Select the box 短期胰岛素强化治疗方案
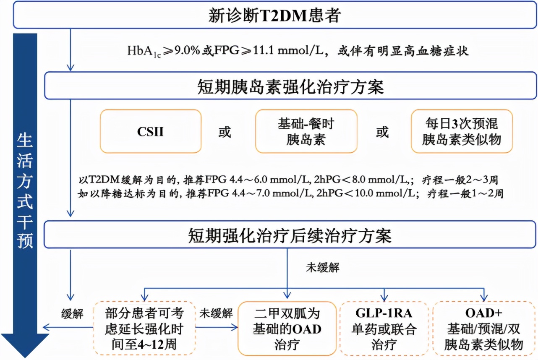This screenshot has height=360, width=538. [290, 87]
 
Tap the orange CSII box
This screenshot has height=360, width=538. [150, 131]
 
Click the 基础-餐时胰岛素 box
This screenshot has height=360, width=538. [306, 131]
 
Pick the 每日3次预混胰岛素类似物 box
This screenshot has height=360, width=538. [461, 131]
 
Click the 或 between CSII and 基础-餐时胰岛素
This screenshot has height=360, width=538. [225, 132]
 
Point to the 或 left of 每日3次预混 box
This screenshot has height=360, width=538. [382, 132]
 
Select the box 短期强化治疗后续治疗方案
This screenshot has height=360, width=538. [290, 236]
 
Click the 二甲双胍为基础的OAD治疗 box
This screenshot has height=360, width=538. [287, 329]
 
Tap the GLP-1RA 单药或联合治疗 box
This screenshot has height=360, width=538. [384, 329]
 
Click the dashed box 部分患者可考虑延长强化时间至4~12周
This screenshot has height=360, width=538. [144, 329]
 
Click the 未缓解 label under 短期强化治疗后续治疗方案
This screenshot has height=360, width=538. [322, 268]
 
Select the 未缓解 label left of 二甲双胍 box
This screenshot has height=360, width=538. [216, 313]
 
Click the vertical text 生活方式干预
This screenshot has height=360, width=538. [25, 191]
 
